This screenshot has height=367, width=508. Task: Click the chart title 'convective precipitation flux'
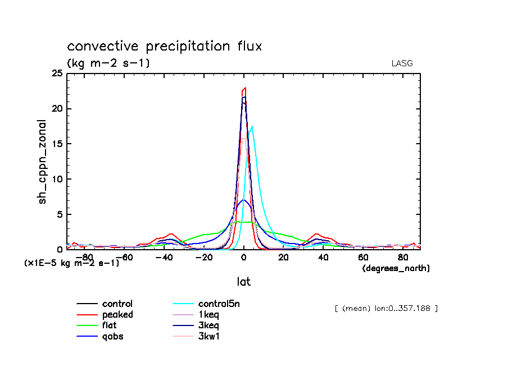[164, 47]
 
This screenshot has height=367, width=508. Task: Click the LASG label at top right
[402, 63]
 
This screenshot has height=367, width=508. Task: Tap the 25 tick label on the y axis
[57, 74]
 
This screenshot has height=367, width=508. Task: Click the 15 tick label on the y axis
[57, 144]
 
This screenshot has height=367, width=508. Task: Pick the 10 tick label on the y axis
[57, 179]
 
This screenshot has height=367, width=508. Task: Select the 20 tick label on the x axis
[283, 258]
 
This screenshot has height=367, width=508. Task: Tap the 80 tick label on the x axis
[403, 258]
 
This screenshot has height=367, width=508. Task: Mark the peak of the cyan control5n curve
[252, 127]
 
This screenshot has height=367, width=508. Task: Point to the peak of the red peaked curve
[245, 88]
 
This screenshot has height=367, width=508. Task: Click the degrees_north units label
[396, 269]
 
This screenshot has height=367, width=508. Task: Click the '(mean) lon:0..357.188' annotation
[385, 308]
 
